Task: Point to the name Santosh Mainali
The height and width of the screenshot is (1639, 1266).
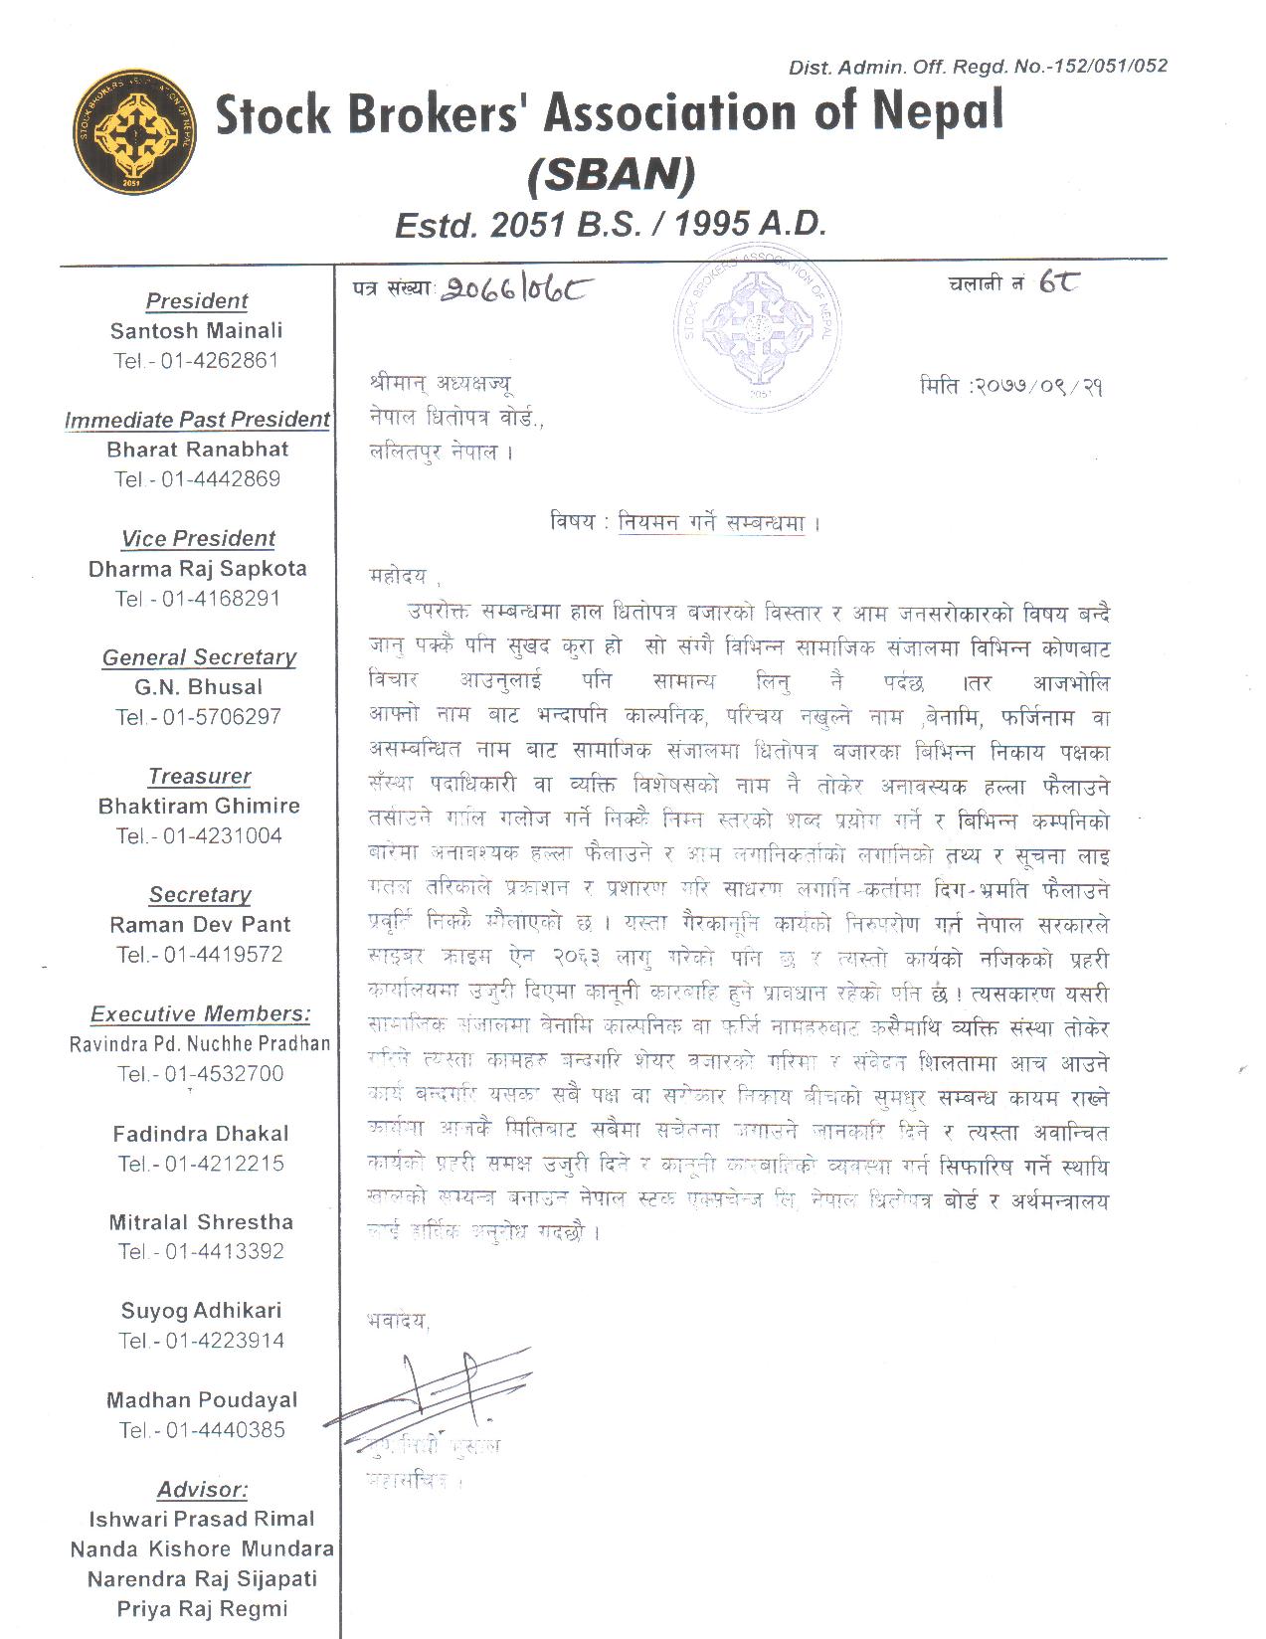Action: [x=197, y=330]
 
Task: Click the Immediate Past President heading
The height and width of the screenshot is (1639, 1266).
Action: [x=197, y=420]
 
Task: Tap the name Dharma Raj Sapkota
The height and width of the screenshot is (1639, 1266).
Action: [x=197, y=569]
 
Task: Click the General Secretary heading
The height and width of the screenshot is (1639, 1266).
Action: [x=199, y=657]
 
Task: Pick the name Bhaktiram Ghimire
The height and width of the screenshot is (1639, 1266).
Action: [x=199, y=806]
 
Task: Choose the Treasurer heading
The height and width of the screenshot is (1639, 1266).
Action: [x=199, y=776]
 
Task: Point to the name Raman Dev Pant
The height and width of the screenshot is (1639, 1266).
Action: [x=200, y=924]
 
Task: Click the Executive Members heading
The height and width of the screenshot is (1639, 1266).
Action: [x=200, y=1013]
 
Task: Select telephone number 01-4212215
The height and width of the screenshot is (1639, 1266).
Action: [x=224, y=1163]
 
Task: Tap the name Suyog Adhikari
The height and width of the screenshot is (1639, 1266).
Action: [x=201, y=1311]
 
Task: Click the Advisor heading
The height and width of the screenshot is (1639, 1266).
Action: [x=202, y=1490]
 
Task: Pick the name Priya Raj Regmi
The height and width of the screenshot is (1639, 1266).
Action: [x=202, y=1608]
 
